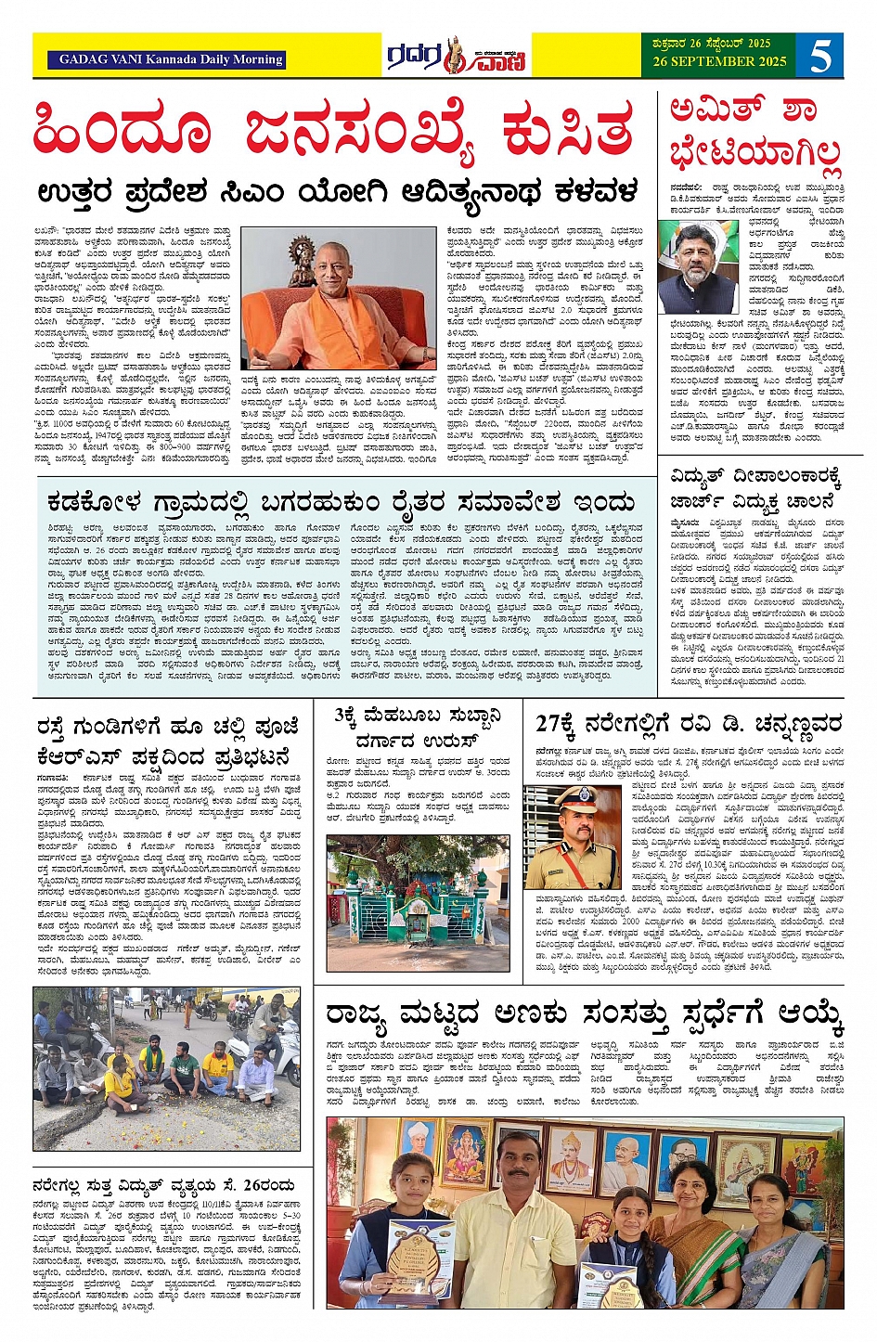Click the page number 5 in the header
point(820,56)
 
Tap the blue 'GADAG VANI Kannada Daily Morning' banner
point(171,59)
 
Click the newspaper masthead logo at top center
point(457,57)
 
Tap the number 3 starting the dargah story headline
point(341,717)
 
